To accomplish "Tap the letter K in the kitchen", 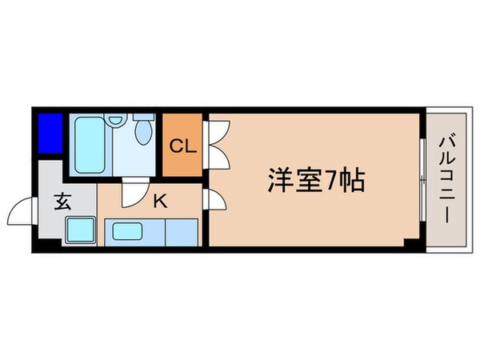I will click(160, 201).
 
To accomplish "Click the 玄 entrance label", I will click(63, 201).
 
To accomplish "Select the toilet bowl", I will click(145, 130).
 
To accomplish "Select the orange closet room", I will click(183, 148).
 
